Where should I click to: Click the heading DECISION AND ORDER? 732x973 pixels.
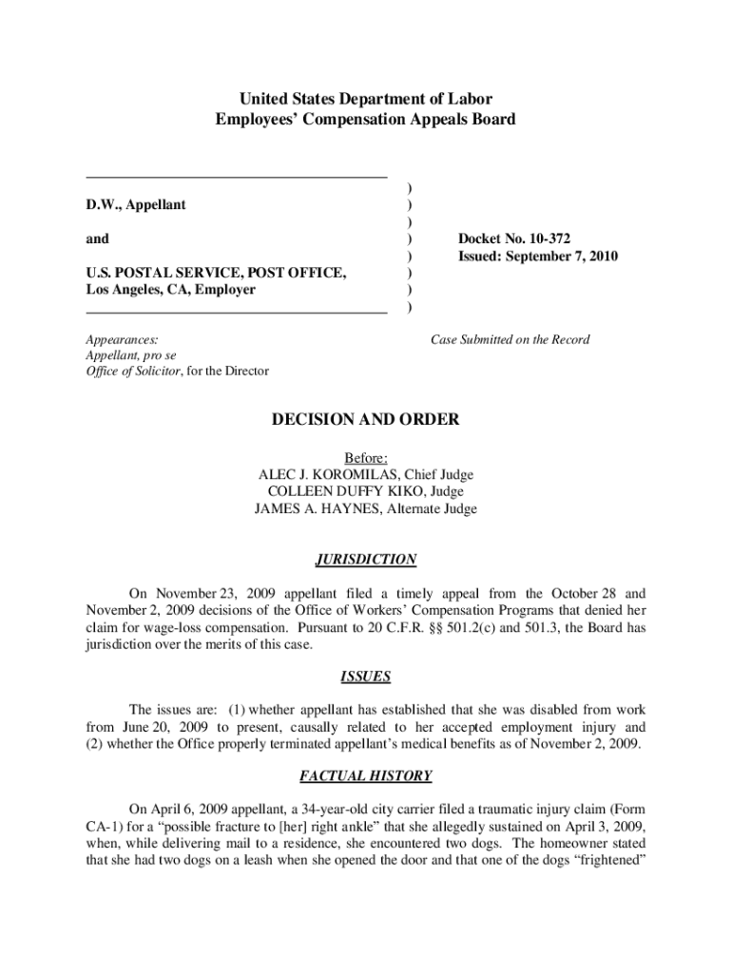pos(366,419)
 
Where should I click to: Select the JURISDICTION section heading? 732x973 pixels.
pos(366,560)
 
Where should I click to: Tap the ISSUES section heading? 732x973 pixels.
pos(366,677)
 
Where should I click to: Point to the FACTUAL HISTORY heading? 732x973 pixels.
pos(366,776)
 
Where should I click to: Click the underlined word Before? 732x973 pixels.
pos(366,457)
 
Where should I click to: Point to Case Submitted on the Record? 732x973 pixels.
pos(510,339)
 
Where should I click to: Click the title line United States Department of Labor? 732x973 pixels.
pos(366,99)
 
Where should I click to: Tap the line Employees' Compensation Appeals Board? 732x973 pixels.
pos(366,119)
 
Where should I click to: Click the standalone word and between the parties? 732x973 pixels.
pos(97,238)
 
